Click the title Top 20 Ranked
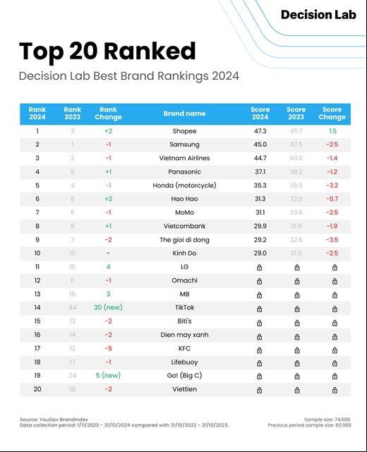pyautogui.click(x=107, y=51)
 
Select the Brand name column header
pyautogui.click(x=184, y=113)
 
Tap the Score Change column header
pyautogui.click(x=332, y=113)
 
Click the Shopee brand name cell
pyautogui.click(x=184, y=131)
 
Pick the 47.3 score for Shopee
pyautogui.click(x=260, y=131)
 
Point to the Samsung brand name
pyautogui.click(x=184, y=145)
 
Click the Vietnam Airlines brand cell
pyautogui.click(x=184, y=158)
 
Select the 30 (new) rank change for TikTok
pyautogui.click(x=108, y=308)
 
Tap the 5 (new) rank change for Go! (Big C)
pyautogui.click(x=108, y=375)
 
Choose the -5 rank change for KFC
pyautogui.click(x=108, y=348)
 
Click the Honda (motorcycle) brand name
pyautogui.click(x=184, y=185)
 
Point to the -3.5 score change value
pyautogui.click(x=332, y=239)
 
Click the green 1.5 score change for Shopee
pyautogui.click(x=332, y=131)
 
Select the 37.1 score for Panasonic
pyautogui.click(x=260, y=172)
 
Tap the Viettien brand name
pyautogui.click(x=184, y=389)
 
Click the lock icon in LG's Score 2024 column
pyautogui.click(x=260, y=267)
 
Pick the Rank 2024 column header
pyautogui.click(x=37, y=113)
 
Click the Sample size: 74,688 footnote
pyautogui.click(x=327, y=420)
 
